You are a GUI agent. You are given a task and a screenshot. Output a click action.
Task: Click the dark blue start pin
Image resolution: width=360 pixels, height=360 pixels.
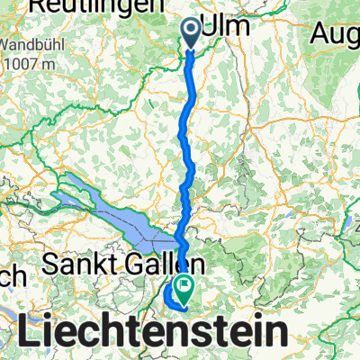coord(193,34)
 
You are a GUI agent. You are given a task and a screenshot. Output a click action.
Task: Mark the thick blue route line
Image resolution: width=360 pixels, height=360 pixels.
coord(187,135)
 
